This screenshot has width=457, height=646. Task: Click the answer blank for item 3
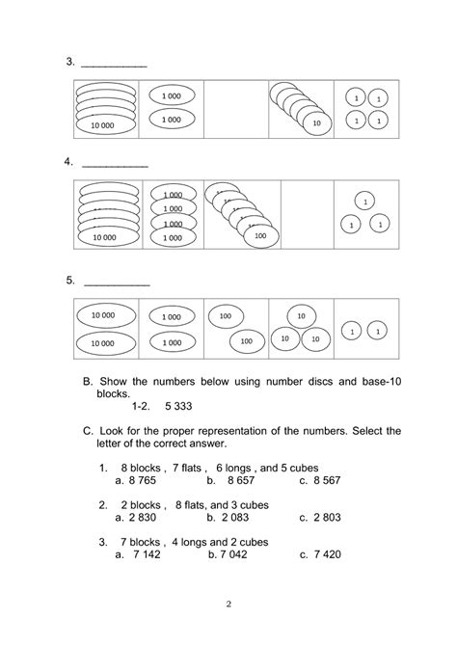coord(114,64)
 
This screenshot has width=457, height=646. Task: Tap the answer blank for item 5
coord(117,283)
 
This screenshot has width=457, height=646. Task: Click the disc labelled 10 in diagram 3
coord(315,123)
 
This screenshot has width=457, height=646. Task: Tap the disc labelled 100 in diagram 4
coord(258,235)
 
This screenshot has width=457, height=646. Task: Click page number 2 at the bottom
coord(228,605)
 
